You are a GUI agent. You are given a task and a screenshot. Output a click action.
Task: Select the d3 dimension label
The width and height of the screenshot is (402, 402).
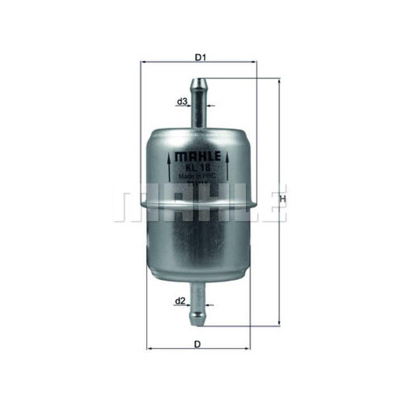point(181,102)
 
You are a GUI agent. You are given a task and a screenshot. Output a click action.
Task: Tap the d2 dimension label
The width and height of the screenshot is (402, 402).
point(180,301)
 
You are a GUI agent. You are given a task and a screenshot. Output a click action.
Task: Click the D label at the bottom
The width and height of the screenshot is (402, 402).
point(197,344)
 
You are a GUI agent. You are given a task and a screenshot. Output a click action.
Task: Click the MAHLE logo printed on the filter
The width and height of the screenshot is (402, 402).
point(199,156)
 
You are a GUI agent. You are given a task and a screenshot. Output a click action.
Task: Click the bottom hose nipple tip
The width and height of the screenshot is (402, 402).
point(198,322)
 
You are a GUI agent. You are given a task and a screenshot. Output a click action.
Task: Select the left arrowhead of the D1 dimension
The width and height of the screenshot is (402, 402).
point(142,63)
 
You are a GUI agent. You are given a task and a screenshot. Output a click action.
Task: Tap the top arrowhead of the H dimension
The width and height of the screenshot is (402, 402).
point(278,82)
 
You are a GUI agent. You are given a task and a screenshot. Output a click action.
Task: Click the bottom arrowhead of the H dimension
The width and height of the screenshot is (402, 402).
point(278,323)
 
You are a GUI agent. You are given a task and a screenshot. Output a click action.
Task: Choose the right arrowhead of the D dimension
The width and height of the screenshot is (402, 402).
point(249,349)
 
